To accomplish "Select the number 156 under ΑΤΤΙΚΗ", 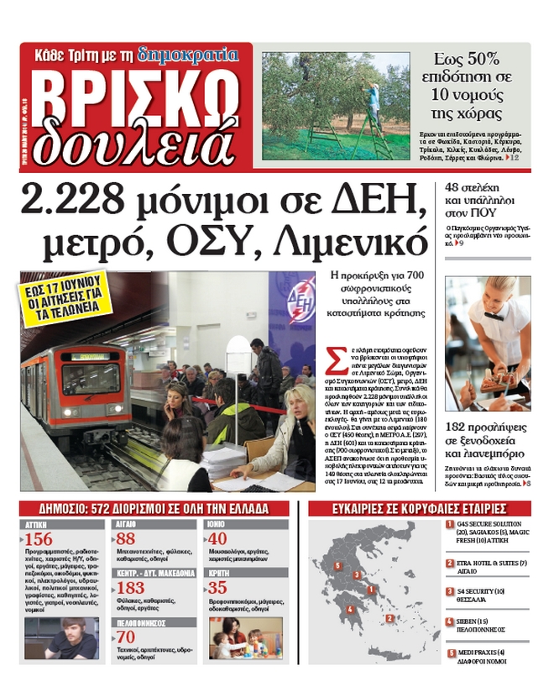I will coord(39,539).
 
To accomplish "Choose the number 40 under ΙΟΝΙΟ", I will coord(217,539).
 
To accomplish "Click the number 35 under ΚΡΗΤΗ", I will coord(217,588).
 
